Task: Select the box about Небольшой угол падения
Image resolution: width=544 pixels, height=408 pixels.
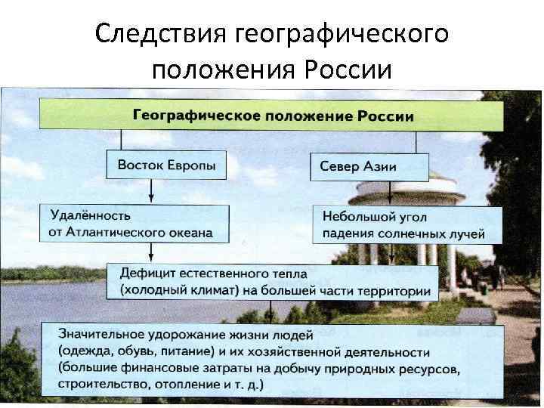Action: pyautogui.click(x=406, y=224)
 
